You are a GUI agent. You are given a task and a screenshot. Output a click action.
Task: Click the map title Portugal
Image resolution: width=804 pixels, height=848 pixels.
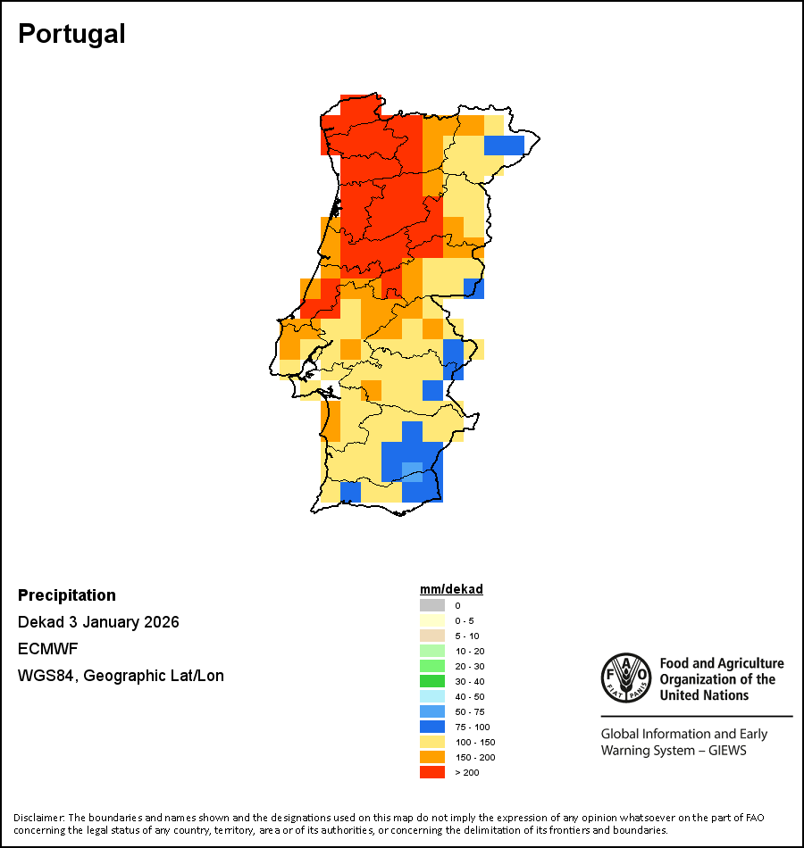tap(71, 34)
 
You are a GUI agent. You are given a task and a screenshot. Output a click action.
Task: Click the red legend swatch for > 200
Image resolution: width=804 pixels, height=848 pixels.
tap(432, 772)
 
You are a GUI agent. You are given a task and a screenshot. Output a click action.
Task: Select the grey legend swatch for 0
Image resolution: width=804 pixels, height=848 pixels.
tap(432, 605)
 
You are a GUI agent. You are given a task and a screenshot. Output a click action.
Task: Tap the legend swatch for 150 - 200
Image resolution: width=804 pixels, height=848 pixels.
tap(432, 757)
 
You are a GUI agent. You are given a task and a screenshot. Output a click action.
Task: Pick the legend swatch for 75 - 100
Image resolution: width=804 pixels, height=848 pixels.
tap(432, 727)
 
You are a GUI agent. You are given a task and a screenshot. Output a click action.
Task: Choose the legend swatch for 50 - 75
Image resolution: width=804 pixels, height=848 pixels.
tap(432, 711)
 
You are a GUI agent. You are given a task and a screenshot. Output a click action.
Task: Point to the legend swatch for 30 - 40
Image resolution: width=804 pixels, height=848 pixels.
tap(432, 681)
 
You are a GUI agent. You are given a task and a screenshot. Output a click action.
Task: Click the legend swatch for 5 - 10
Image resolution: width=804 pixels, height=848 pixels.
tap(432, 636)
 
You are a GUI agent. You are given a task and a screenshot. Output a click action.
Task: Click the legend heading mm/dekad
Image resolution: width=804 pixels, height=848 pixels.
tap(451, 589)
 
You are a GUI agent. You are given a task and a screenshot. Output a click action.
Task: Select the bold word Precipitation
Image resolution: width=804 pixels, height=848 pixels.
tap(67, 595)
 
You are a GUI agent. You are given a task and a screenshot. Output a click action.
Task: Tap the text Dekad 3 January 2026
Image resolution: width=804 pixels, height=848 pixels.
tap(98, 622)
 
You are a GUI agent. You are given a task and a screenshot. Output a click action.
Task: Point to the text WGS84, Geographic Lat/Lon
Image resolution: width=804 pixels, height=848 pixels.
tap(121, 676)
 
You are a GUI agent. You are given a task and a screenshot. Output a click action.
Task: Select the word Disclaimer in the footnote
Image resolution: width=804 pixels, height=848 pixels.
tap(38, 818)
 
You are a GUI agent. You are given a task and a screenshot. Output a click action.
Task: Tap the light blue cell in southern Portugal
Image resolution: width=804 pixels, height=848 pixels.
tap(412, 471)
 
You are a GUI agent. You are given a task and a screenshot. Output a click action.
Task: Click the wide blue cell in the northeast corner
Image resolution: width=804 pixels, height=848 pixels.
tap(505, 145)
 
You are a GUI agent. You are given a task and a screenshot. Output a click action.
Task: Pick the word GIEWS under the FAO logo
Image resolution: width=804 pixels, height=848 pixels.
tap(725, 751)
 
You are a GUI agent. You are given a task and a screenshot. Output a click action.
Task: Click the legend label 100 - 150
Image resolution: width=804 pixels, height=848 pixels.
tap(475, 742)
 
